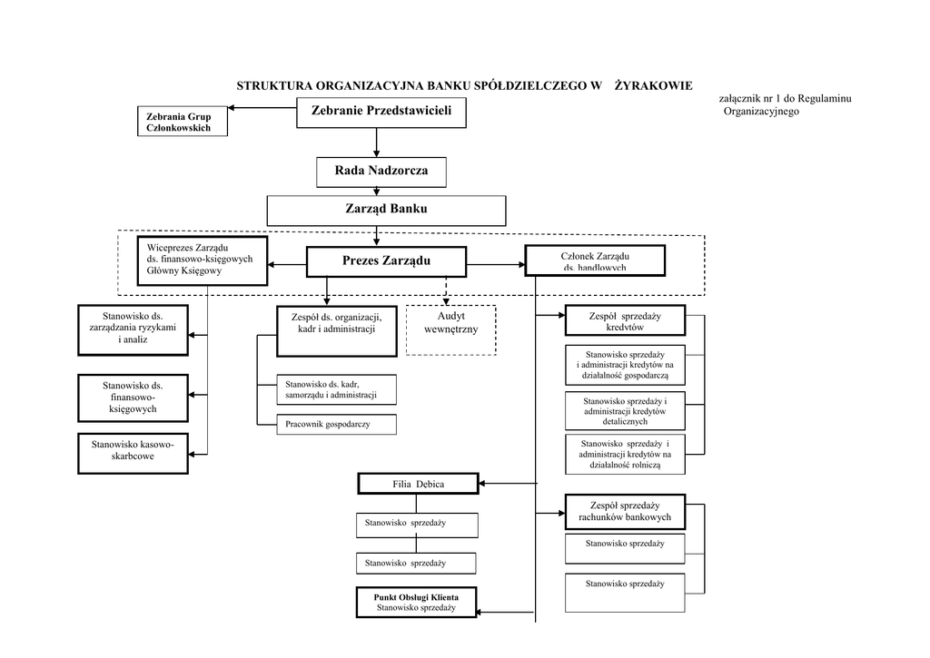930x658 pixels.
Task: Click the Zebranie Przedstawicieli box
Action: [x=375, y=111]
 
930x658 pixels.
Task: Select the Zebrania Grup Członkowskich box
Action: [x=180, y=123]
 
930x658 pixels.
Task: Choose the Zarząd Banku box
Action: [x=386, y=211]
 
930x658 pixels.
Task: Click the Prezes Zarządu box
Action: [x=386, y=261]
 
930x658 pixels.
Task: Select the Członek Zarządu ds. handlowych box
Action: [x=595, y=260]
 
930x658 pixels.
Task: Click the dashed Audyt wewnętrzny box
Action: [x=450, y=330]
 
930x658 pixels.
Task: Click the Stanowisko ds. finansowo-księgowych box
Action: [x=133, y=398]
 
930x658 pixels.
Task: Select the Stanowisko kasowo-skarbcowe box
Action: [x=133, y=451]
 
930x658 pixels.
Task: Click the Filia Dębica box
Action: [x=418, y=484]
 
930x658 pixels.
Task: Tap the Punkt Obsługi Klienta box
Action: [x=416, y=604]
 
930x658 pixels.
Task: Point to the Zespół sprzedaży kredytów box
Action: [x=624, y=321]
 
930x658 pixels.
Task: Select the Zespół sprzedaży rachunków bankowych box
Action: [x=624, y=511]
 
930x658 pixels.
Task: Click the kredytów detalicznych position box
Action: [x=625, y=411]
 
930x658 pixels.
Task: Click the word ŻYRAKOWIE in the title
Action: [x=653, y=85]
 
